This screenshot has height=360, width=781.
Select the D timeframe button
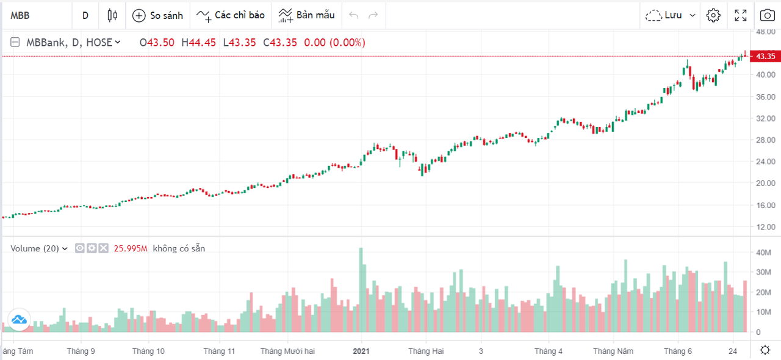[85, 15]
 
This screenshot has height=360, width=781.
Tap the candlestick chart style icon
[112, 15]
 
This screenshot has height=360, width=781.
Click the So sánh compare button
[157, 15]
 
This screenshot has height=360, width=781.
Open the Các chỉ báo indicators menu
[230, 15]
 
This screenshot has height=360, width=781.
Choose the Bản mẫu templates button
[307, 15]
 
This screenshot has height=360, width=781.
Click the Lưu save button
[671, 15]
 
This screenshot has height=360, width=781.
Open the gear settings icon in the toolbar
[713, 15]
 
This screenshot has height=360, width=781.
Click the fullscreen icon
[741, 15]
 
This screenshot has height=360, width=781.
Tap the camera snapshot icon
[767, 15]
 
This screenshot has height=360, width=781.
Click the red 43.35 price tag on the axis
[765, 56]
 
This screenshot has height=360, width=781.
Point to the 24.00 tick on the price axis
[765, 162]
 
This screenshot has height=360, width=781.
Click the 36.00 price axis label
[765, 96]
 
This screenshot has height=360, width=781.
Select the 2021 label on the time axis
[361, 351]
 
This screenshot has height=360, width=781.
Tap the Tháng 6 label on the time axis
[678, 351]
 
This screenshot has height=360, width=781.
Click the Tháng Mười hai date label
[287, 351]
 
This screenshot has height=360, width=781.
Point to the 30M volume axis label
[763, 272]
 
